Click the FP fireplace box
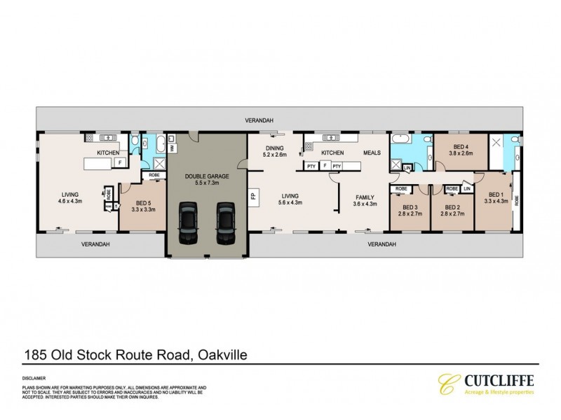(253, 197)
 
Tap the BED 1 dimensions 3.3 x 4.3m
(496, 201)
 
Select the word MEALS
(372, 152)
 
